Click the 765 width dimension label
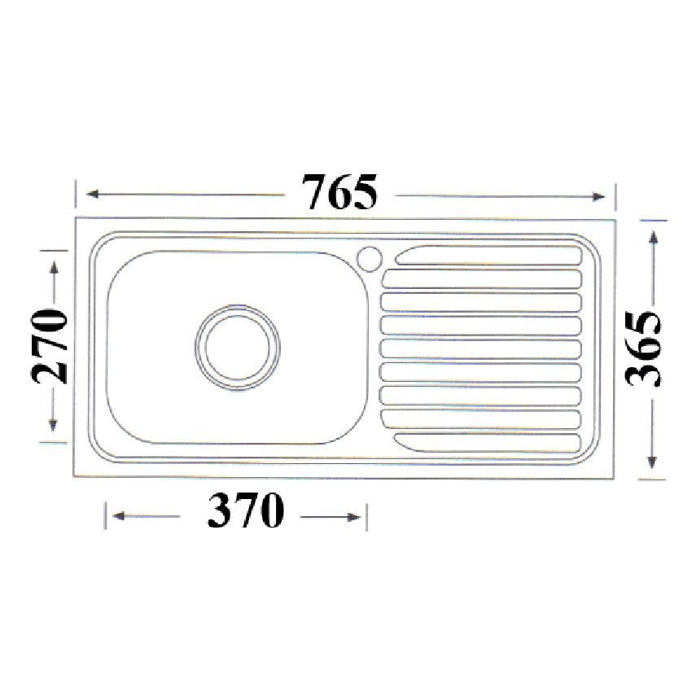tap(339, 193)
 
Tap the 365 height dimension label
tap(644, 349)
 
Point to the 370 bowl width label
tap(246, 512)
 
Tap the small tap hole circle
tap(369, 257)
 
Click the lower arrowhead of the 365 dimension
tap(652, 462)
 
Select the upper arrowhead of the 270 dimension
tap(54, 266)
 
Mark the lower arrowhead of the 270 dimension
tap(53, 425)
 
